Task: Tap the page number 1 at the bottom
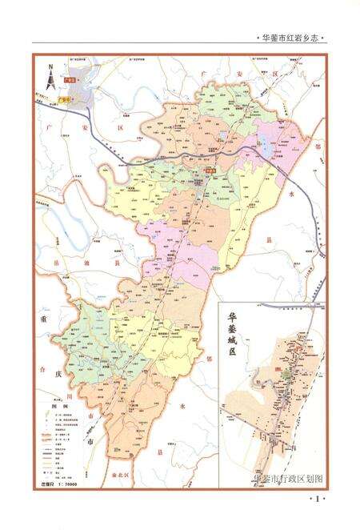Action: tap(318, 500)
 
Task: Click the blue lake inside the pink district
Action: tap(262, 146)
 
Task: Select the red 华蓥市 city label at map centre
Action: tap(210, 170)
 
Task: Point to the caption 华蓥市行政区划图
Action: tap(287, 478)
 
